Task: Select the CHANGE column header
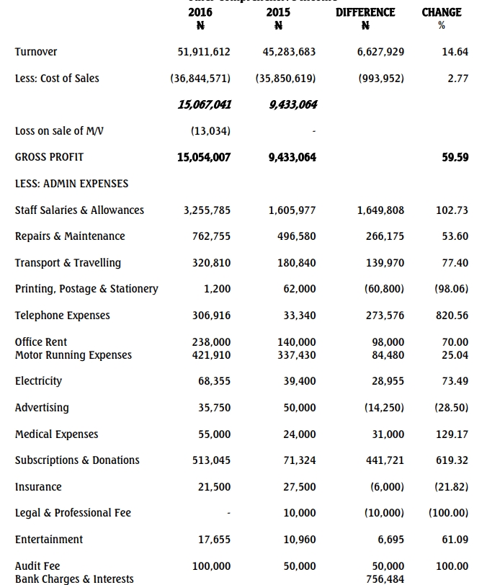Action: click(442, 12)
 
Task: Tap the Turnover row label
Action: click(36, 52)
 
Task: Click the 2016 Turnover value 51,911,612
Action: click(204, 52)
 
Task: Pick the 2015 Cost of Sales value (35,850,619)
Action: click(285, 79)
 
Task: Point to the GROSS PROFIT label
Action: click(49, 157)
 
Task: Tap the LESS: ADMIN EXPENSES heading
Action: click(71, 184)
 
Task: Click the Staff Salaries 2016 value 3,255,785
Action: click(207, 210)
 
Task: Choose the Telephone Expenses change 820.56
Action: click(452, 316)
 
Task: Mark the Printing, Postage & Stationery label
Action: click(86, 289)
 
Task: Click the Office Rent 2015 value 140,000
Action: click(297, 342)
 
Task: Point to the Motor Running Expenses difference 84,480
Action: click(388, 355)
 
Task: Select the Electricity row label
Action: click(38, 381)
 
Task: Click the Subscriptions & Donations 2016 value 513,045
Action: click(212, 460)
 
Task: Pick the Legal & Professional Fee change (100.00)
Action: click(448, 513)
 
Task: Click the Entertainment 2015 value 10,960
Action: click(300, 540)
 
